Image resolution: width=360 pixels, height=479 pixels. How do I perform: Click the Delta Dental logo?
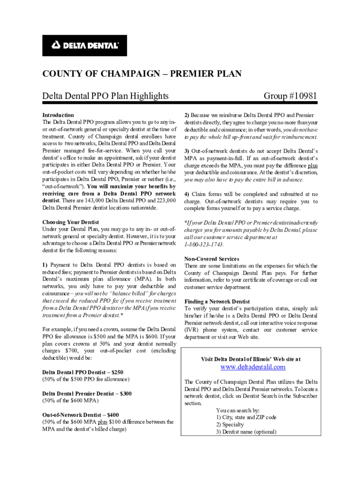point(85,45)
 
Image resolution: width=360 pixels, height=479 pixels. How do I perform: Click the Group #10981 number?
point(290,96)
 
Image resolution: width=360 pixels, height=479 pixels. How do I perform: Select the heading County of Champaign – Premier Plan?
point(142,74)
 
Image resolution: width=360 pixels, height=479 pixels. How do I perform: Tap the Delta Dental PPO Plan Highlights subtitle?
point(105,96)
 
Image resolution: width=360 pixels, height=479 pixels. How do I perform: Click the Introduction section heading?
point(58,115)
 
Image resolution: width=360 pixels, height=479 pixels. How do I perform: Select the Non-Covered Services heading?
point(212,259)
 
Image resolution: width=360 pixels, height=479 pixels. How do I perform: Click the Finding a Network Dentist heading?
point(217,302)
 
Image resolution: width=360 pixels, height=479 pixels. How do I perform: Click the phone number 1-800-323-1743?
point(204,245)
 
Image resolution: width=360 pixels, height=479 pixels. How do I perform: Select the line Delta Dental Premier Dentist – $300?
point(87,394)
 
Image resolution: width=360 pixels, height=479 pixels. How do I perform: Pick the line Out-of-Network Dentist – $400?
point(80,415)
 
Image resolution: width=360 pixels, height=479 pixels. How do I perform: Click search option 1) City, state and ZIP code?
point(246,417)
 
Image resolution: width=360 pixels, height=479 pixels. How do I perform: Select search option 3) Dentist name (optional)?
point(246,432)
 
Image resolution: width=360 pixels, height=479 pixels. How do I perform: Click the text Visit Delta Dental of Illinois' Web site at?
point(251,359)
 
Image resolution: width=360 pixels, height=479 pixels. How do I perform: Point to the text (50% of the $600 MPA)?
point(71,401)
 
